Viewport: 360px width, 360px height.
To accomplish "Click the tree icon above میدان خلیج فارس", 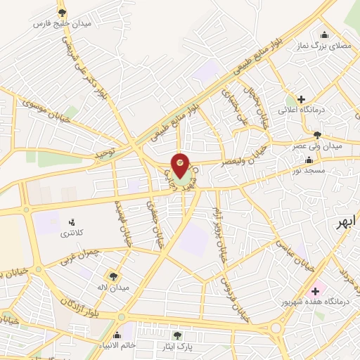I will pyautogui.click(x=62, y=12).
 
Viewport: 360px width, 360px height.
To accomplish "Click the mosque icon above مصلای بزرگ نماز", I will pyautogui.click(x=323, y=35).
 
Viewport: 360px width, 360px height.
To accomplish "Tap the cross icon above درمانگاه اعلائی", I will pyautogui.click(x=301, y=99).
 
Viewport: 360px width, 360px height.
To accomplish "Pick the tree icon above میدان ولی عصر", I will pyautogui.click(x=318, y=134).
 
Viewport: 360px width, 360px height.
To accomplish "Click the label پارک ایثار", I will pyautogui.click(x=176, y=347).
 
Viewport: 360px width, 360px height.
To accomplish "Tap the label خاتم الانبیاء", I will pyautogui.click(x=117, y=345).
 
